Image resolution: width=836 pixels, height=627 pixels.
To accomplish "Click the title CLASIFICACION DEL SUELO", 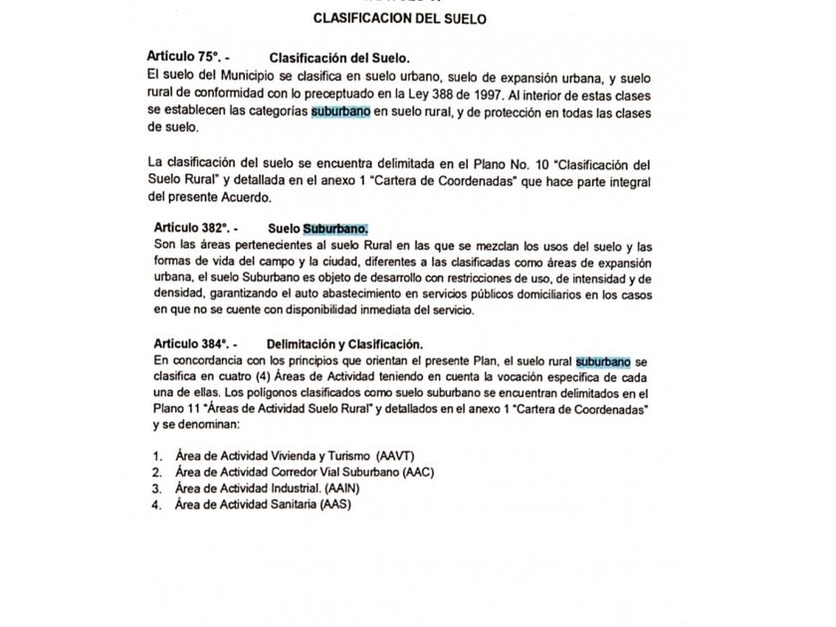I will click(x=399, y=18).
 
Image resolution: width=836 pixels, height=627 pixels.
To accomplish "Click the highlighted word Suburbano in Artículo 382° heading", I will click(x=335, y=229).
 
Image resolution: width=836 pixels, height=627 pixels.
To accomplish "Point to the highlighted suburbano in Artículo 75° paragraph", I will click(x=340, y=111).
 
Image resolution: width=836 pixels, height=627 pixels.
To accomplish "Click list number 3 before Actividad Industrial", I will click(x=156, y=489).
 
